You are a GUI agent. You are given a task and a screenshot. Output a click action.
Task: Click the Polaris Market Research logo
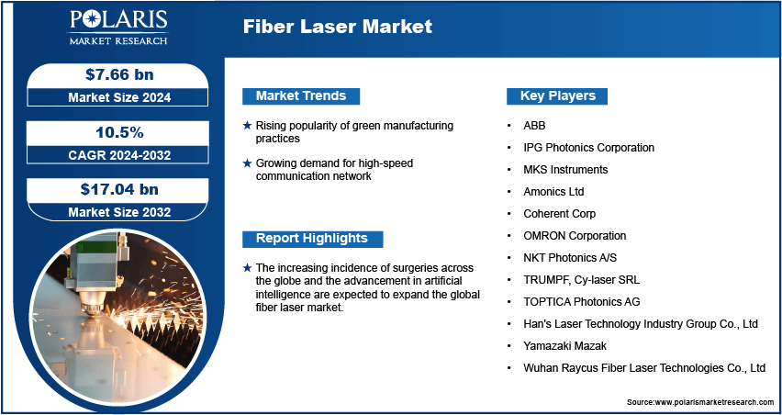coord(118,27)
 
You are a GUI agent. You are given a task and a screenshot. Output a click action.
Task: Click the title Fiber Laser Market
coord(338,27)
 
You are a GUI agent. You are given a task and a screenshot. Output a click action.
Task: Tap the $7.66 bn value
coord(119,74)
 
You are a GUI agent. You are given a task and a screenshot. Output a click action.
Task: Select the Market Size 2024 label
coord(119,97)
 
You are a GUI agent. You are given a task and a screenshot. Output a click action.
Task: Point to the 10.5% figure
coord(119,133)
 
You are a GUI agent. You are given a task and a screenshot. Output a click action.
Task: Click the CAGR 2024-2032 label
coord(119,155)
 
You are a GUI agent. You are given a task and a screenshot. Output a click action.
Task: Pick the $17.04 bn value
coord(119,189)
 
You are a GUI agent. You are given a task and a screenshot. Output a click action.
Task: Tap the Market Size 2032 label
coord(119,212)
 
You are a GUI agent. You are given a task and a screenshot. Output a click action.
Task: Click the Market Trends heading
coord(301,95)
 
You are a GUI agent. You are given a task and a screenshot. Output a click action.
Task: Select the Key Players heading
coord(557,95)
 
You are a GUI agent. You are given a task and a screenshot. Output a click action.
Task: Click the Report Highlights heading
coord(312,239)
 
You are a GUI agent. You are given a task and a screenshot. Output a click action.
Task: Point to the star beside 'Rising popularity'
coord(247,126)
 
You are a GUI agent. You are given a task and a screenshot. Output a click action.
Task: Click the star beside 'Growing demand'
coord(247,163)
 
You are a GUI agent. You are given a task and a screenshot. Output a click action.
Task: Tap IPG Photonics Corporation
coord(588,148)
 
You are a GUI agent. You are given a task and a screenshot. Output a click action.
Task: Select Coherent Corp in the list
coord(559,214)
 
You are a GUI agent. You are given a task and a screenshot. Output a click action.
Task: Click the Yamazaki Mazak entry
coord(564,345)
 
